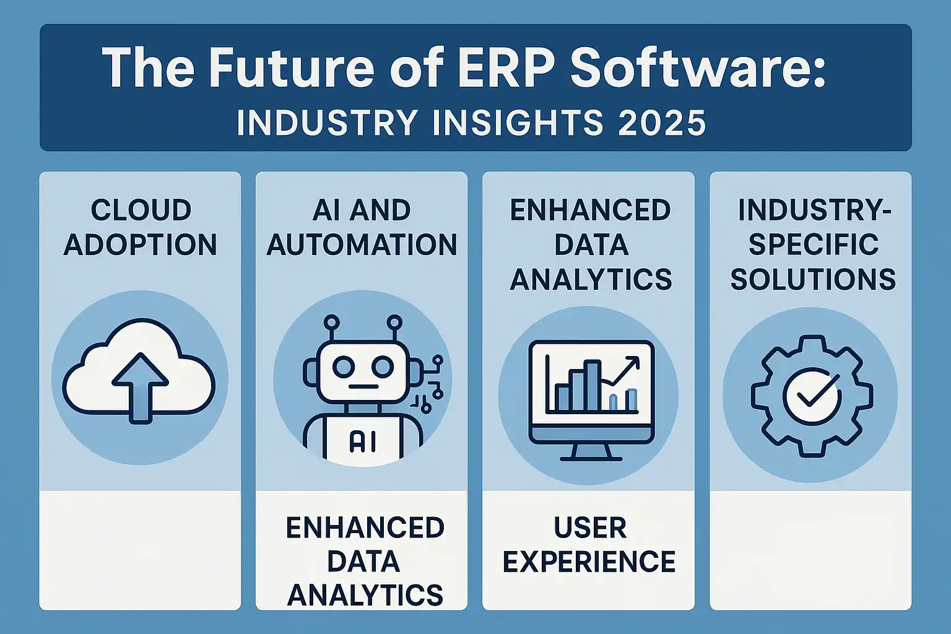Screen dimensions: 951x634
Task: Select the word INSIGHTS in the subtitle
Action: click(x=518, y=123)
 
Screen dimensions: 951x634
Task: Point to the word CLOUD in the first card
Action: click(x=141, y=210)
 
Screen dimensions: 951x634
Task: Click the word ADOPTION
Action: click(x=141, y=245)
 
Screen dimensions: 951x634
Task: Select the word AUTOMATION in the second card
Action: click(x=362, y=245)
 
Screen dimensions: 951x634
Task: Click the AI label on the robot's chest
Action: click(x=362, y=441)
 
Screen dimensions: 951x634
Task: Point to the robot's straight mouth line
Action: click(x=363, y=387)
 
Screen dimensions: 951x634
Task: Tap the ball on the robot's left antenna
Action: click(x=332, y=323)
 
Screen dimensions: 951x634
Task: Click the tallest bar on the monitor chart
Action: click(x=592, y=386)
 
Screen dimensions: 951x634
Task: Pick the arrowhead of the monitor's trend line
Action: click(x=633, y=363)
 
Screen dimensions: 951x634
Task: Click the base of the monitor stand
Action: click(x=591, y=459)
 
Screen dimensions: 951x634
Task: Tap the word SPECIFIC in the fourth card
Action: click(x=812, y=245)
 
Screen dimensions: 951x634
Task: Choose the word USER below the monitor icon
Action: click(x=590, y=528)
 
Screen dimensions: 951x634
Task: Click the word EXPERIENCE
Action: click(x=589, y=562)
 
